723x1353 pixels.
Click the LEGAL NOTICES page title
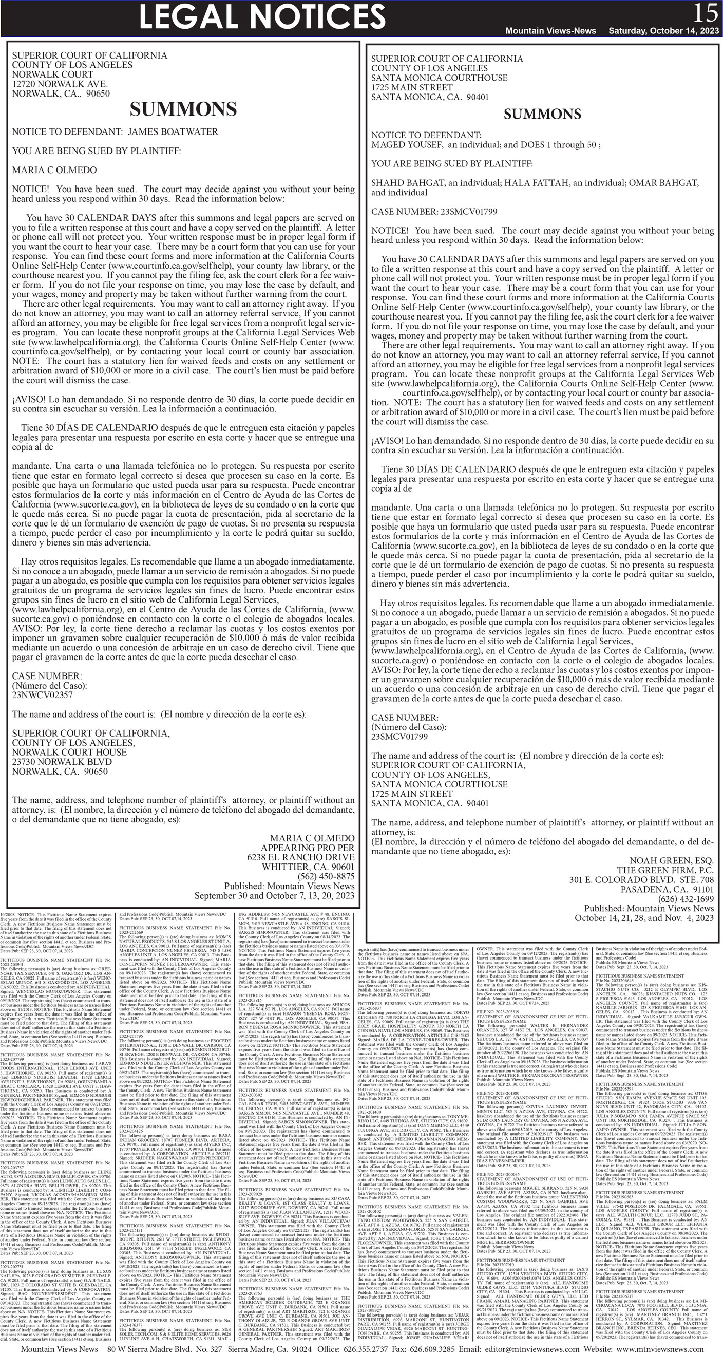tap(262, 16)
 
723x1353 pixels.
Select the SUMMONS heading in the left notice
tap(183, 110)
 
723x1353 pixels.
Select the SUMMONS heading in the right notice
tap(542, 115)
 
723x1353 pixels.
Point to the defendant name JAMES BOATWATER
tap(173, 132)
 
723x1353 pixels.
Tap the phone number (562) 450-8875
tap(326, 877)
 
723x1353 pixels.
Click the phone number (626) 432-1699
tap(686, 899)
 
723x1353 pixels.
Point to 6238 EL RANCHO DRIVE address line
tap(301, 857)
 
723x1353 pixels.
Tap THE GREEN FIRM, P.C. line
tap(665, 870)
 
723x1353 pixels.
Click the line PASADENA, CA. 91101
tap(667, 890)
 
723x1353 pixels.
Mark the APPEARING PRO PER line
tap(308, 848)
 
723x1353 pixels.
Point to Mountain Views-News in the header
tap(550, 31)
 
